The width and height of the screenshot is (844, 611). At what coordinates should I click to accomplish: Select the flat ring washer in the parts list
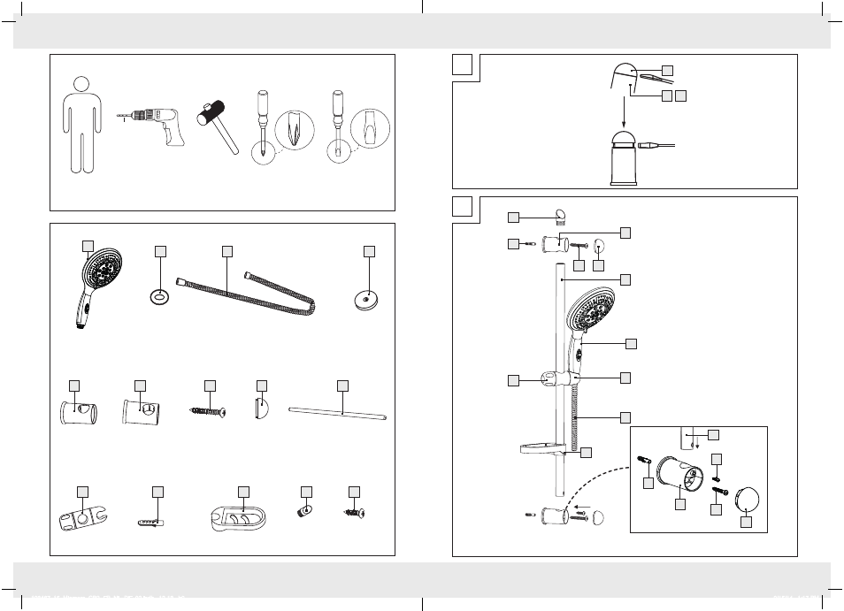point(160,294)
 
